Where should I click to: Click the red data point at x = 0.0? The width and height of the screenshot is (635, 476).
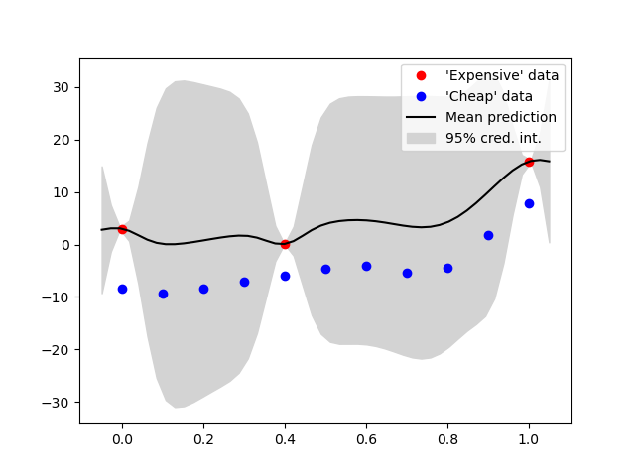point(122,229)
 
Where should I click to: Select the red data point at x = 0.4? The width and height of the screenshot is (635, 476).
point(285,244)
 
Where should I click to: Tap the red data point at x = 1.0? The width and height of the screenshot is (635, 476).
point(529,162)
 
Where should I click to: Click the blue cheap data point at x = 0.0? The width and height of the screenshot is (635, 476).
point(122,289)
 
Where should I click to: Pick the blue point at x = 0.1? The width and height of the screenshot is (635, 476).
point(163,294)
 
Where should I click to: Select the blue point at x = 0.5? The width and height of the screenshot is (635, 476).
point(325,269)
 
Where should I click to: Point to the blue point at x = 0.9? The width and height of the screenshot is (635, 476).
point(488,235)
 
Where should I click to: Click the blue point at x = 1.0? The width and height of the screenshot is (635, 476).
point(529,203)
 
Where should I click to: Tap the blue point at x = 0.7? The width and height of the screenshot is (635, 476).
point(407,273)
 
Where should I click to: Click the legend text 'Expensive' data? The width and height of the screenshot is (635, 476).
point(502,75)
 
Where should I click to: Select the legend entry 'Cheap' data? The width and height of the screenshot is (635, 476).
point(489,96)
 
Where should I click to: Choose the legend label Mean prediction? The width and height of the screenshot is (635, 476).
point(501,117)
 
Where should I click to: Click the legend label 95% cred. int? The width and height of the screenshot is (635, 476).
point(493,138)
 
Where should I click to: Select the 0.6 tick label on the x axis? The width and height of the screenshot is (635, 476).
point(366,438)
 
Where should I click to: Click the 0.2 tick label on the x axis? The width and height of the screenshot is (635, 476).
point(203,438)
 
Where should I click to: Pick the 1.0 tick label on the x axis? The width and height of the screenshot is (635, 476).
point(529,438)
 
